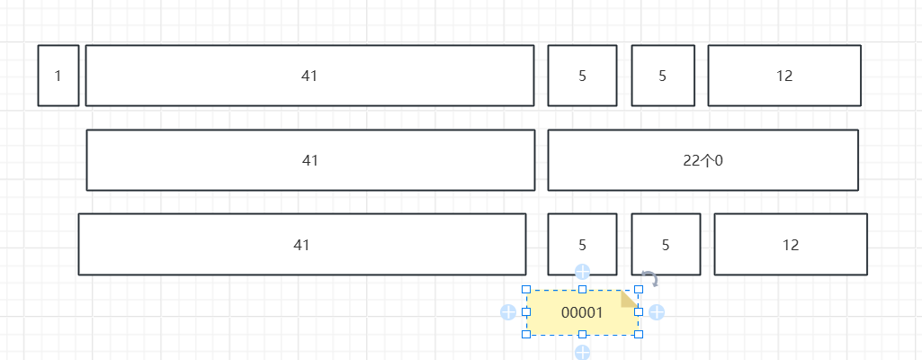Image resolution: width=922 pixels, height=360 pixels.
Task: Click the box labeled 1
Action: pos(58,76)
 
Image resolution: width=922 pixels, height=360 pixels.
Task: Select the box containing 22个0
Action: pos(703,160)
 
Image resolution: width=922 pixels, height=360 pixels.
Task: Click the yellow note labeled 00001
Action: pos(582,312)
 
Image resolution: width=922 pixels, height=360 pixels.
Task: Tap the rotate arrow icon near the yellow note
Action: pos(649,278)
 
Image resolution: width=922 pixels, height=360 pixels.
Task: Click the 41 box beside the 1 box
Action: pos(309,76)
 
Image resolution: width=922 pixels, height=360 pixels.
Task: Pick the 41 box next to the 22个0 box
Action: pos(310,160)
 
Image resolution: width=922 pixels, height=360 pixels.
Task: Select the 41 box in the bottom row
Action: pos(302,244)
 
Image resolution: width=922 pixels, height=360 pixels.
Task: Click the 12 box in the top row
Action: pos(784,76)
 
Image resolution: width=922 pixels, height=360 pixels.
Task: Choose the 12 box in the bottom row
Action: pos(791,244)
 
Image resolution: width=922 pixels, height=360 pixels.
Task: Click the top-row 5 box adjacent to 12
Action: pos(663,76)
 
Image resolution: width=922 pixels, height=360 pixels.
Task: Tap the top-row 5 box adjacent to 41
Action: pos(582,76)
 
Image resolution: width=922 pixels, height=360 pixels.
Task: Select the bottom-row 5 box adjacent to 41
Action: pos(582,244)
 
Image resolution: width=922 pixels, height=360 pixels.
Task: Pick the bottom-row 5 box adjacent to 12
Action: pos(667,244)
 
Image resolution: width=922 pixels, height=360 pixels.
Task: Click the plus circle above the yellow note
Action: pos(582,272)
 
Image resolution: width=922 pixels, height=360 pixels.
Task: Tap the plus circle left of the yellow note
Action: pos(508,312)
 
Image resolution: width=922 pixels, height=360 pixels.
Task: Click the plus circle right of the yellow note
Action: pos(657,312)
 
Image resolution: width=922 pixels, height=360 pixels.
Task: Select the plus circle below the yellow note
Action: pos(582,353)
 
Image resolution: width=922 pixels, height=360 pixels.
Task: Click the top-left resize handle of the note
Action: pos(526,290)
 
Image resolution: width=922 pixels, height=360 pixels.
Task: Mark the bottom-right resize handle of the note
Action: pos(640,335)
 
